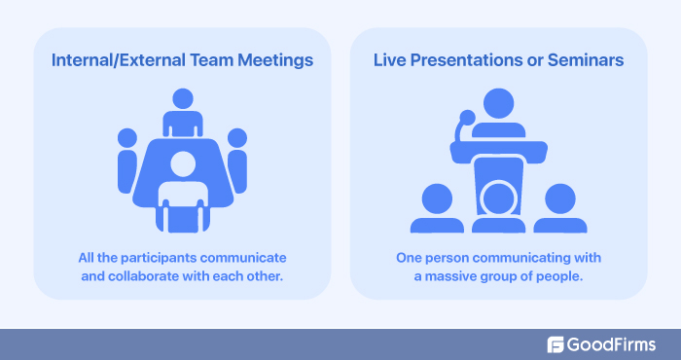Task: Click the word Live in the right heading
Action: click(389, 60)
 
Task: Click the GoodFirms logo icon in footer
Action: click(556, 343)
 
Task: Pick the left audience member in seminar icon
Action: click(435, 206)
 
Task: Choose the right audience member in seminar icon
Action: click(561, 206)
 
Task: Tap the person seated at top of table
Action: click(182, 112)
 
